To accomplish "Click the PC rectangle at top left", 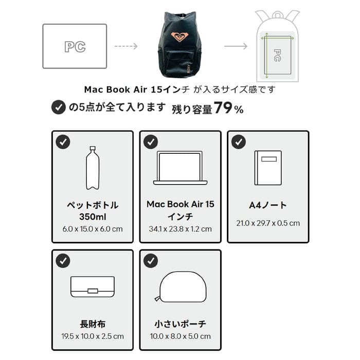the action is point(75,46).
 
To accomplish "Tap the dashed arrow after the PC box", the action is point(125,46).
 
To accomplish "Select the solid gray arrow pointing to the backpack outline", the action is point(236,46).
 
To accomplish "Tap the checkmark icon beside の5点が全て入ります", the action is point(59,107).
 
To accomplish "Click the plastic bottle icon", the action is point(93,168).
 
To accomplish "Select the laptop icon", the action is point(180,168).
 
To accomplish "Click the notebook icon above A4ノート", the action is point(268,168).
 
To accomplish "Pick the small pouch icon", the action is point(180,287).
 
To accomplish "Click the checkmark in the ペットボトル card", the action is point(63,142).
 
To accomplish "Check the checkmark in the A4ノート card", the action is point(238,142).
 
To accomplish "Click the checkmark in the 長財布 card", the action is point(63,261).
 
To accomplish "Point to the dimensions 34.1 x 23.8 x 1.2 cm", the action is point(180,229).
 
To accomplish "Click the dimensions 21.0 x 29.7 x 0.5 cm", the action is point(268,223).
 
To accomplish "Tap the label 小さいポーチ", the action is point(180,324).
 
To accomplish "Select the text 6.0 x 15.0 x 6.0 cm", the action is point(93,229).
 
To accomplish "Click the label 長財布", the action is point(93,324).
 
